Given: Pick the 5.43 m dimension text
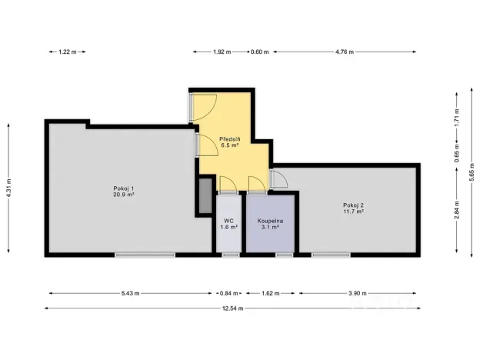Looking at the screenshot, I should pos(132,293).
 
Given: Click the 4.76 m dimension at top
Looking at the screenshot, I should pos(344,52).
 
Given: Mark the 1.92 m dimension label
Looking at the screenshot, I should pos(222,52).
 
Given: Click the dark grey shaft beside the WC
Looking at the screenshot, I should pos(205,196).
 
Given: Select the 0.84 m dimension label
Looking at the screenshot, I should pos(228,293).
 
